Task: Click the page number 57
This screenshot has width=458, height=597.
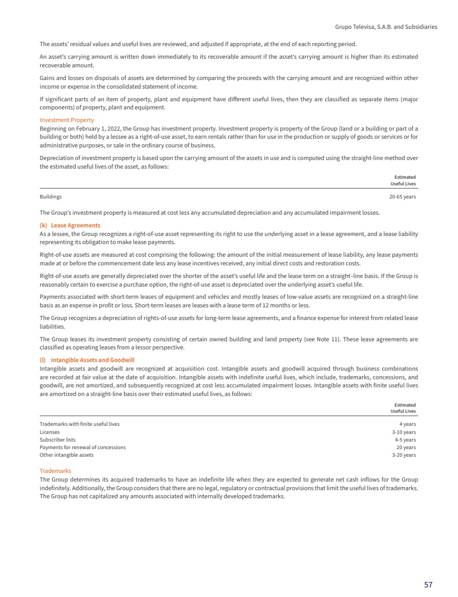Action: (428, 584)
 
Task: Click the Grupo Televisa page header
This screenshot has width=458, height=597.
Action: (386, 26)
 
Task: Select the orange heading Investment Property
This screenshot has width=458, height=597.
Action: (66, 120)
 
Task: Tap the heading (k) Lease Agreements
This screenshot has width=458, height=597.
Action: (70, 225)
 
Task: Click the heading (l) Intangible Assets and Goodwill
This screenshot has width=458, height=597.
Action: (87, 360)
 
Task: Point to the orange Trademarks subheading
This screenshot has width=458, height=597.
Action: (55, 471)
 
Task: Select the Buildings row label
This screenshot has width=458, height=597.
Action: (51, 196)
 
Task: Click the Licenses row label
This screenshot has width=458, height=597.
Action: (50, 432)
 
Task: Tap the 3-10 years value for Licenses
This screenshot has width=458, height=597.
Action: (404, 432)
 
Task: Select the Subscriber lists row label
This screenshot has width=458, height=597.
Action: (57, 440)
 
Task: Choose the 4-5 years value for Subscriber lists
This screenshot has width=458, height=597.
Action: (405, 440)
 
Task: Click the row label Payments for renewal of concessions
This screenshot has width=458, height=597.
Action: (83, 447)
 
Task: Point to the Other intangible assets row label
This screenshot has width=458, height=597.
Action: (66, 455)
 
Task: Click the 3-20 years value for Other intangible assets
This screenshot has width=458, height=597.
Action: (404, 455)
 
